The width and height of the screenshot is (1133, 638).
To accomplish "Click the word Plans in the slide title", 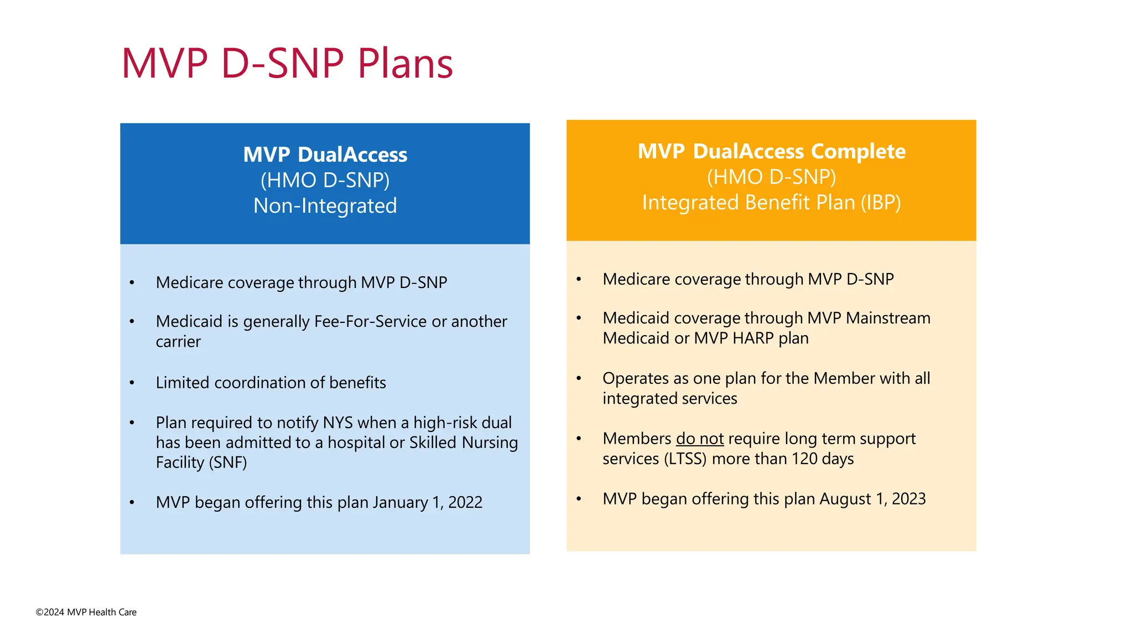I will coord(405,64).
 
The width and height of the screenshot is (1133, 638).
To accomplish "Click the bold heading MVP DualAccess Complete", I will coord(771,151).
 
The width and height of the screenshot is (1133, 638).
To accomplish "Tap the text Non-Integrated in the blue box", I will coord(325,206).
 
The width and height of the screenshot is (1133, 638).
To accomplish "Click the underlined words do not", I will coord(699,439).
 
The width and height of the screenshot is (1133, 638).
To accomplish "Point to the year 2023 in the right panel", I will coord(908,499).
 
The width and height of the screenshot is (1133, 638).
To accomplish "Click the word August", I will coord(845,499).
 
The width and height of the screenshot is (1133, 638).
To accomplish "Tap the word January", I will coord(400,502).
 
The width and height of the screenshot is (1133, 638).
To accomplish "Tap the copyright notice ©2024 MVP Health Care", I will coord(86,612).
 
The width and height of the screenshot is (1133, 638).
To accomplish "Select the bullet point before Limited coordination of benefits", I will coord(132,383).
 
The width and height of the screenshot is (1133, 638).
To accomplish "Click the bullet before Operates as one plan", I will coord(579,379).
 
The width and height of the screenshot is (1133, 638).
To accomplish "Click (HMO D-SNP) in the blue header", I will coord(325,181).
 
